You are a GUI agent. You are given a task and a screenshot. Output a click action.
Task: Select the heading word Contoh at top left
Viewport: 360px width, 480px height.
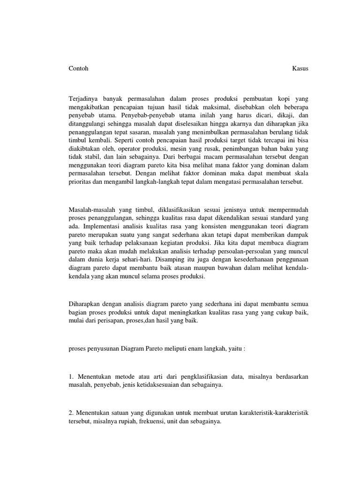(x=78, y=68)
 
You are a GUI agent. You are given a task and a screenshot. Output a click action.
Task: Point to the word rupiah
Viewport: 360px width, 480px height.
(x=126, y=421)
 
